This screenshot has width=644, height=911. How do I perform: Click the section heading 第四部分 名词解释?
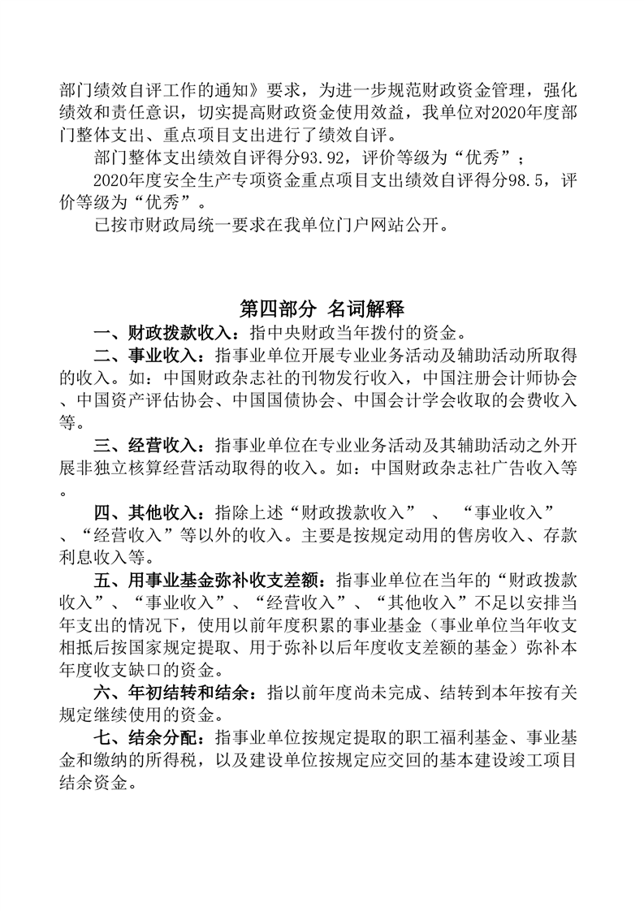[322, 309]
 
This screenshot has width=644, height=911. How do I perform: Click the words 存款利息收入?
[560, 536]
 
